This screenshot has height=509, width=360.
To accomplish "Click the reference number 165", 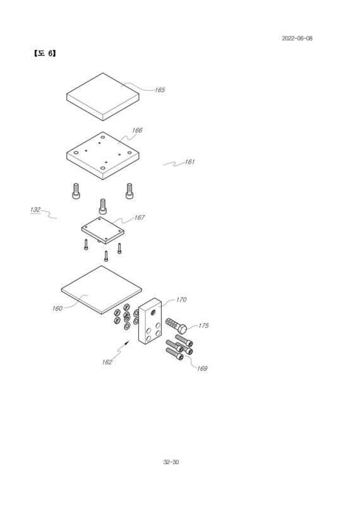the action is (160, 90).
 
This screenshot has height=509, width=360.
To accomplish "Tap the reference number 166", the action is (137, 130).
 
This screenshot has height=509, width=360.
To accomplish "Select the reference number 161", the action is (189, 162).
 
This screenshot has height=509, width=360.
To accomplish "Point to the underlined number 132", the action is (35, 210).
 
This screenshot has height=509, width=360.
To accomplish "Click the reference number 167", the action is (139, 217).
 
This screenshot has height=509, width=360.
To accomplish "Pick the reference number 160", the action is (57, 308).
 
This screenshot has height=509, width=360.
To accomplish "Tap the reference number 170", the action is (181, 299).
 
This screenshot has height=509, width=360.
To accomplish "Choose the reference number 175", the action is (203, 326).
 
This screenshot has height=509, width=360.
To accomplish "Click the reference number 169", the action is (202, 368).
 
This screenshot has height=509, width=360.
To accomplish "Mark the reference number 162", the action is (107, 362).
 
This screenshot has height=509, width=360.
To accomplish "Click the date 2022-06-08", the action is (297, 39).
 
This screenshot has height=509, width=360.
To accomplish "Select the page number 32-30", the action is (171, 462).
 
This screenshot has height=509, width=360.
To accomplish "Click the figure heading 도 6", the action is (45, 53).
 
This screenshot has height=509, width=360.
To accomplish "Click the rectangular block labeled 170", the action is (150, 321).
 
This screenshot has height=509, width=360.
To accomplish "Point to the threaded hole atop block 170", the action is (153, 312).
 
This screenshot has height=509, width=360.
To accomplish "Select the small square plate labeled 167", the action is (102, 230).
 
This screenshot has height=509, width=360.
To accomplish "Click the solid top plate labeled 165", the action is (103, 97).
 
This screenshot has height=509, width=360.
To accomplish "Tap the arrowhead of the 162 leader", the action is (128, 342).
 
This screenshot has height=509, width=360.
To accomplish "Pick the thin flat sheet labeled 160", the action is (102, 290).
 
